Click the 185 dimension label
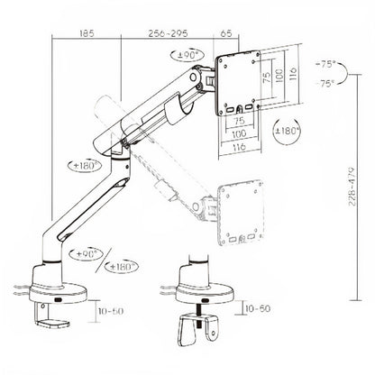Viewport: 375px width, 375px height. pyautogui.click(x=87, y=31)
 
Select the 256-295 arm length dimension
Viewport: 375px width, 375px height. pyautogui.click(x=164, y=31)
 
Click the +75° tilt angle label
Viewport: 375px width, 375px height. pyautogui.click(x=327, y=65)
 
